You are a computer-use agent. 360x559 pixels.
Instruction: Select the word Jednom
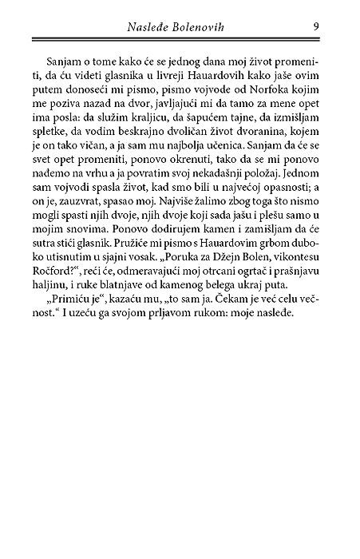[296, 186]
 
